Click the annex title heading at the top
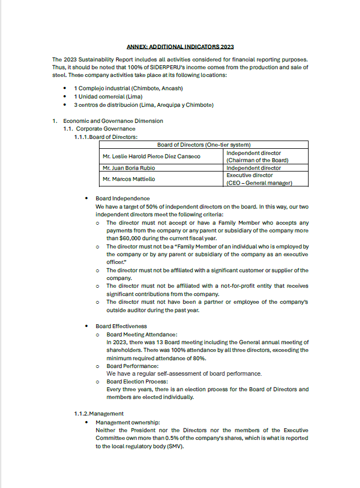coord(180,47)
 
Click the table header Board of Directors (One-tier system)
coord(205,145)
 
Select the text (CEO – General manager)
coord(259,183)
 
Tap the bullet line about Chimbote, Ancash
coord(128,89)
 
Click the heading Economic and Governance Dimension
coord(113,121)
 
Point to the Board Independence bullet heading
coord(122,198)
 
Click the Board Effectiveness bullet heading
coord(121,326)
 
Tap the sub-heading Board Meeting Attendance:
coord(142,335)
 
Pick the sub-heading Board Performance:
coord(133,366)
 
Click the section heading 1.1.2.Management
coord(99,413)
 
